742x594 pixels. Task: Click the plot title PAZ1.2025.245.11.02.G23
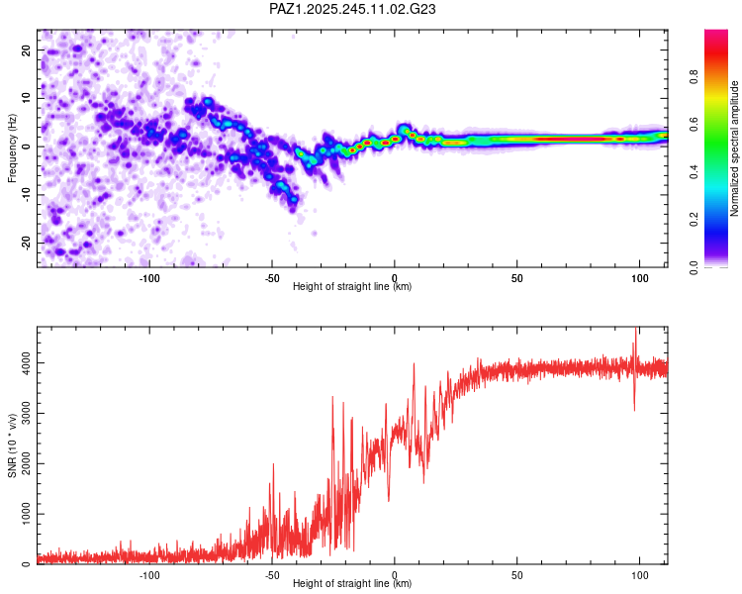[352, 9]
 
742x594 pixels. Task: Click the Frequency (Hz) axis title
[12, 148]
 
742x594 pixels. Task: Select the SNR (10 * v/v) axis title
[12, 445]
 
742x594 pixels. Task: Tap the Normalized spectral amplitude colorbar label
[734, 148]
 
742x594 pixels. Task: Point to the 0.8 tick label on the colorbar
[694, 77]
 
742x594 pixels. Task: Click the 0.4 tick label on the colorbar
[694, 172]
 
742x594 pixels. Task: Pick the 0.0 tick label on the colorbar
[694, 267]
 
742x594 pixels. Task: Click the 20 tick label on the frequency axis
[26, 50]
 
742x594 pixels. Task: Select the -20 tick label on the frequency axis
[26, 243]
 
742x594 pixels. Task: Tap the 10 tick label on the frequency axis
[26, 98]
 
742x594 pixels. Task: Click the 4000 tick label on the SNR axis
[26, 363]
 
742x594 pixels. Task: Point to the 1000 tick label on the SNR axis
[26, 514]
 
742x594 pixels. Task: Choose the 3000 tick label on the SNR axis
[26, 414]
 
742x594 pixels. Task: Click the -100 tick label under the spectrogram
[149, 278]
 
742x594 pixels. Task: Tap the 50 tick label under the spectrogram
[517, 278]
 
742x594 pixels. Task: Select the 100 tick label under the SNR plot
[640, 575]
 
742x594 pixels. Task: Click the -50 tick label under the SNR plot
[272, 575]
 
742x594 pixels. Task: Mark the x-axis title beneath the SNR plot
[352, 583]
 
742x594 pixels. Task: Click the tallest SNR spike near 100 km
[635, 328]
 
